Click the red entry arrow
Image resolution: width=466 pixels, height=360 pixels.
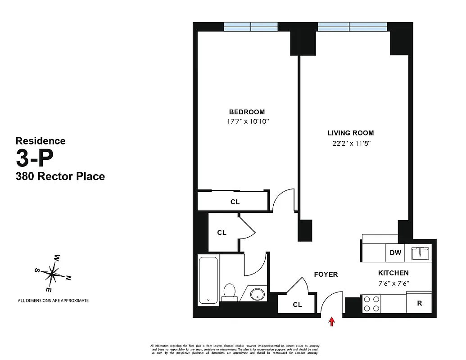tap(332, 321)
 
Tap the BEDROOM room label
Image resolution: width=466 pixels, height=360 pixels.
tap(247, 112)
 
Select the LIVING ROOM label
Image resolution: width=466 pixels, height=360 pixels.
tap(350, 133)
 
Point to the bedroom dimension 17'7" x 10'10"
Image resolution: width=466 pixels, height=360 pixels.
tap(249, 121)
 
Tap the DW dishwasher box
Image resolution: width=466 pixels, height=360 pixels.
tap(395, 252)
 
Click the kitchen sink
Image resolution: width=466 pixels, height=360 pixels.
tap(421, 253)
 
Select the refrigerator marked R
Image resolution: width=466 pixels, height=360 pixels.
tap(419, 303)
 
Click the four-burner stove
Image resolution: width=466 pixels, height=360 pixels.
tap(371, 303)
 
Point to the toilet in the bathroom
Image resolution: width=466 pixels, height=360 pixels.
tap(230, 292)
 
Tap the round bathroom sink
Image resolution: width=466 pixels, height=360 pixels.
tap(257, 295)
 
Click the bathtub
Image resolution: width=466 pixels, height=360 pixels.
tap(208, 279)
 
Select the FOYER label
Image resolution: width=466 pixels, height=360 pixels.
tap(326, 274)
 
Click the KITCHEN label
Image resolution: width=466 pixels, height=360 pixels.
tap(393, 273)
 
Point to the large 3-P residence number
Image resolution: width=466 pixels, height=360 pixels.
tap(35, 158)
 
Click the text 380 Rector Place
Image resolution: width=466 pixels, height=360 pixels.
tap(60, 176)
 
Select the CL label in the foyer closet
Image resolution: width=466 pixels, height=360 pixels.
tap(297, 305)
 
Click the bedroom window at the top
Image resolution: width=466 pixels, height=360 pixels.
tap(251, 27)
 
